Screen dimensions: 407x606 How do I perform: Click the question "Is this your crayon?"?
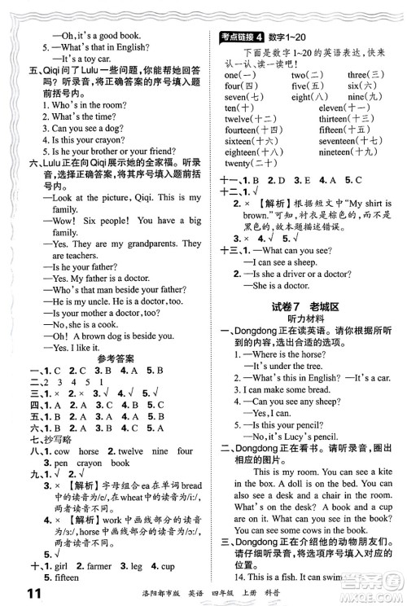tap(68, 139)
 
